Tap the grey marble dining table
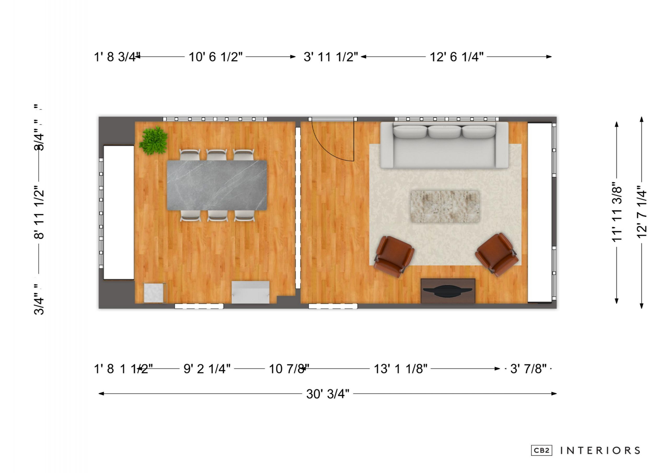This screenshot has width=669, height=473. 217,185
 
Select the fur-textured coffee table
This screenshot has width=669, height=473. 445,207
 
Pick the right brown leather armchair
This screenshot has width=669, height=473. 497,255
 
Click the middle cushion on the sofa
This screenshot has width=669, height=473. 444,132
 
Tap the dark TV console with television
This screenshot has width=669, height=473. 448,291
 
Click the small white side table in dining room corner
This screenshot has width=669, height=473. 154,293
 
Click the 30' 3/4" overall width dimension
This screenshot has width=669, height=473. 327,394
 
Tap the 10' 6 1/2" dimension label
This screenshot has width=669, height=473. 216,57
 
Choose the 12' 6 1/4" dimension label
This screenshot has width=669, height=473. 456,57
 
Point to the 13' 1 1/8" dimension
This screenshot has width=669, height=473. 400,369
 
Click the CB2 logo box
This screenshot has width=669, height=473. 541,450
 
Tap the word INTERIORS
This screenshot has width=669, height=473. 600,451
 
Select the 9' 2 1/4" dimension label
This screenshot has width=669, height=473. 207,369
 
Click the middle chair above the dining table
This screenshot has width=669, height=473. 216,154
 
